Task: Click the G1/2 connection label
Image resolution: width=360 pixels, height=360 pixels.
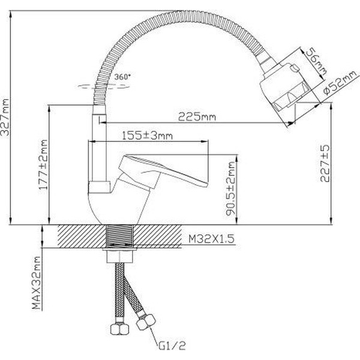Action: (x=172, y=346)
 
